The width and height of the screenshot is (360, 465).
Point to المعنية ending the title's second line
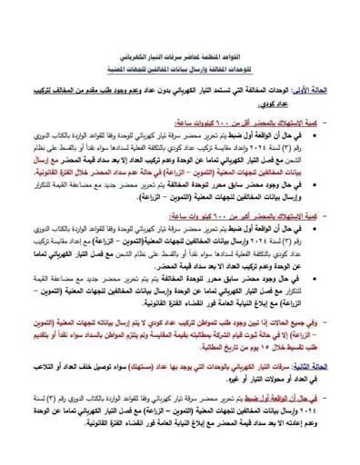[x=113, y=64]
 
